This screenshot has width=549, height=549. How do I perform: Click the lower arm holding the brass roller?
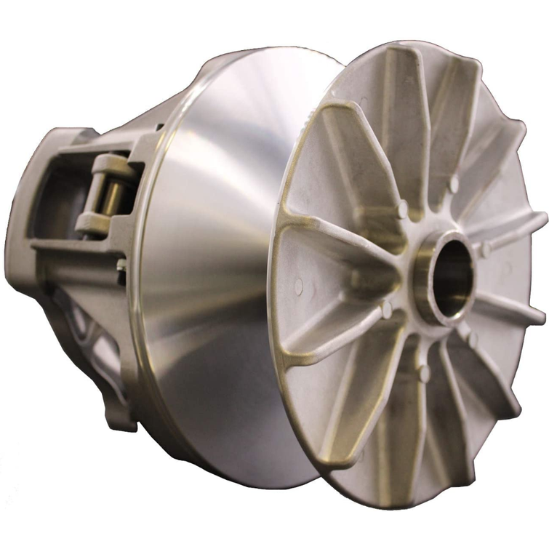pyautogui.click(x=102, y=221)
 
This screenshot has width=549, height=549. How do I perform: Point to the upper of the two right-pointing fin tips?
pyautogui.click(x=538, y=218)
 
